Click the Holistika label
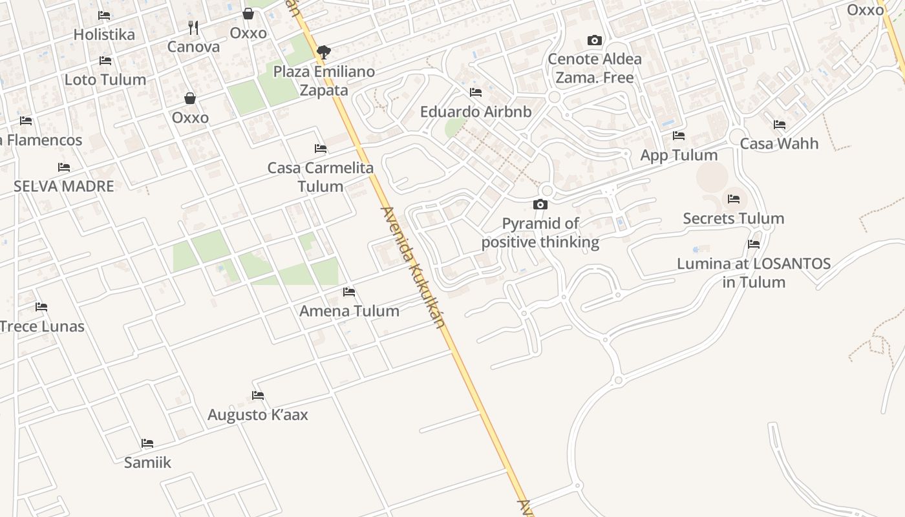coord(104,35)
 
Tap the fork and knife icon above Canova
coord(193,28)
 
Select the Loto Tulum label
coord(105,80)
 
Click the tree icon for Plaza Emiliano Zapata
coord(324,52)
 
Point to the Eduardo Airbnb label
coord(476,112)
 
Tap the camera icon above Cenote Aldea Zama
coord(595,40)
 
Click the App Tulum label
coord(679,156)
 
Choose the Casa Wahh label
coord(779,143)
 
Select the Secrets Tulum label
coord(734,218)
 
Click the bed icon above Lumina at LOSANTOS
coord(754,244)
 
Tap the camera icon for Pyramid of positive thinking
coord(540,205)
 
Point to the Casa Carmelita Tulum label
coord(321,177)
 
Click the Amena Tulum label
coord(349,311)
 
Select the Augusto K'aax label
coord(258,415)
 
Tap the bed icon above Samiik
coord(147,443)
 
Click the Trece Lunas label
coord(42,326)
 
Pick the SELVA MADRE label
coord(64,187)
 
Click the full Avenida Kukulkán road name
coord(414,266)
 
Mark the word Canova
coord(193,47)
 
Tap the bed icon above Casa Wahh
coord(780,125)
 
